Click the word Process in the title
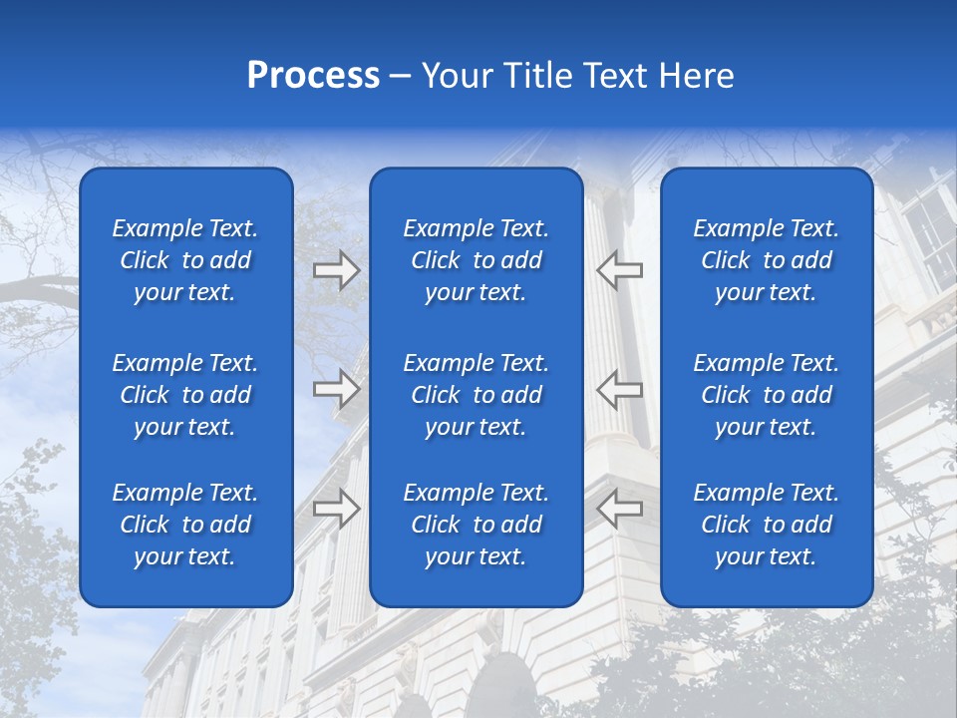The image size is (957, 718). coord(313,76)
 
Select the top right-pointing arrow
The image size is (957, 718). coord(337,269)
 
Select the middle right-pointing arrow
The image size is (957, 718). coord(337,389)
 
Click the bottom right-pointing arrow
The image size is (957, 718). coord(337,509)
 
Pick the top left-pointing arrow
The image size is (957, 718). coord(619,269)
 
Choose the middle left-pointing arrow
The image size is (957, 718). coord(619,389)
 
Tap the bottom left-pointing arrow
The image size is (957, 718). coord(619,509)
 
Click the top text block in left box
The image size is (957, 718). coord(185,260)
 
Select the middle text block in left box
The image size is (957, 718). coord(185,395)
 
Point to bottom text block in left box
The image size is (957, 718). coord(185,525)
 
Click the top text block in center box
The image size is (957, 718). coord(477,260)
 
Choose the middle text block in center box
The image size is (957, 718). coord(477,395)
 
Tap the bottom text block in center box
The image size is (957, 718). coord(477,525)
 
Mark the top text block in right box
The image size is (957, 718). coord(767,260)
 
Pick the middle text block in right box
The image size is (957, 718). coord(767,395)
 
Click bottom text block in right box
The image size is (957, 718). coord(767,525)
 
